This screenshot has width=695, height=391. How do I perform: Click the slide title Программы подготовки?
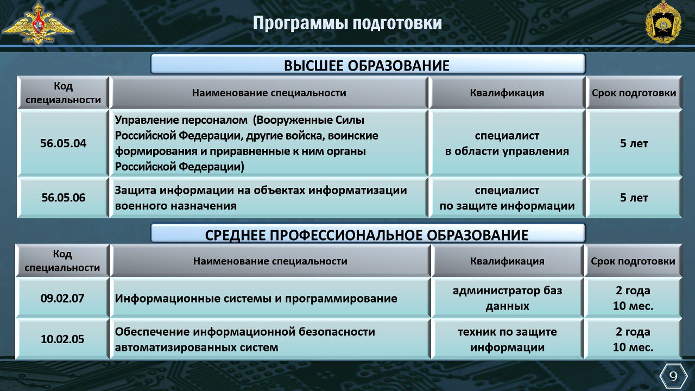[x=347, y=23]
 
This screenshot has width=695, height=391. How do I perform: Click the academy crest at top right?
[x=664, y=22]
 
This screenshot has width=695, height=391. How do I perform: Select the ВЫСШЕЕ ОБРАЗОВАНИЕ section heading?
[x=367, y=66]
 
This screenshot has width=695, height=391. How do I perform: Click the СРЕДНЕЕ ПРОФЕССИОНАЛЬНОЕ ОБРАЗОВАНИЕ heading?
[x=367, y=235]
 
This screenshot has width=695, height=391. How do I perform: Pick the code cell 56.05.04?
[x=64, y=143]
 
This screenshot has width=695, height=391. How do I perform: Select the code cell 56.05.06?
[x=64, y=198]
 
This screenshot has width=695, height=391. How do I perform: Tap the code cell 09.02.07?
[x=62, y=298]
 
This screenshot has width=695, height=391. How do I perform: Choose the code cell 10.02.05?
[x=62, y=339]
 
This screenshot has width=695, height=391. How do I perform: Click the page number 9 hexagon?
[x=673, y=376]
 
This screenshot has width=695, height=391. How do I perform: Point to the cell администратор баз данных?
[x=507, y=298]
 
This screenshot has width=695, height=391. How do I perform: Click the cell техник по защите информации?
[x=507, y=339]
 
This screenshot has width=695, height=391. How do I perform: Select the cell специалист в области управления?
[x=507, y=143]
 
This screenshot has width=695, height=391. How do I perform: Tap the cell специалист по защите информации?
[x=507, y=198]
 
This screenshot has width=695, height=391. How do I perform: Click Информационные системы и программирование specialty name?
[x=256, y=299]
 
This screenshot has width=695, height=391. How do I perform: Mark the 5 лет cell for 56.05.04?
[x=634, y=143]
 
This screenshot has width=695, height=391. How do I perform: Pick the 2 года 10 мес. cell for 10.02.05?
[x=633, y=339]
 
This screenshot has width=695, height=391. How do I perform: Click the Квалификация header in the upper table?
[x=507, y=93]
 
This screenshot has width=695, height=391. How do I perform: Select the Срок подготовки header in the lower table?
[x=633, y=261]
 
